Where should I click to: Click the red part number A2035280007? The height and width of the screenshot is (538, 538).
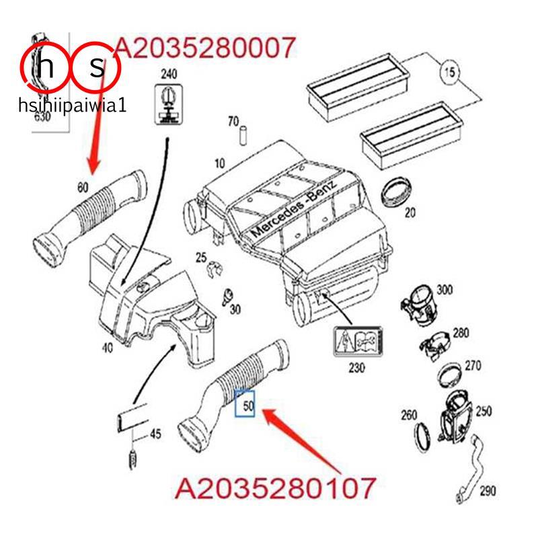coord(205,48)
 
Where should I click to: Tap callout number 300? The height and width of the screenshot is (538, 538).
coord(445,290)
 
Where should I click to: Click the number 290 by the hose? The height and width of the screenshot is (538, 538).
coord(488,492)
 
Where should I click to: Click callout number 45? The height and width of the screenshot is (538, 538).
coord(155,434)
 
